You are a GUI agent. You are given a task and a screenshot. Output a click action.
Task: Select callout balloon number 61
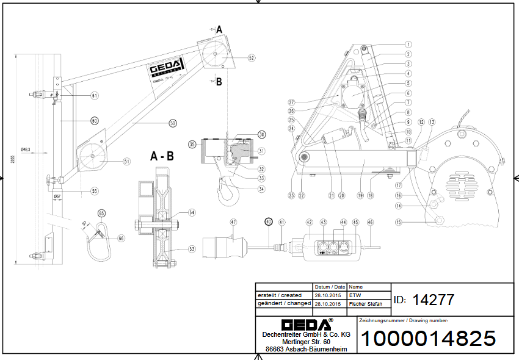tap(95, 95)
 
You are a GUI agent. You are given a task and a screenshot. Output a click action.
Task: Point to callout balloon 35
tap(192, 145)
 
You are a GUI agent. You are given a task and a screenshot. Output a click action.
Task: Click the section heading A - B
tap(162, 156)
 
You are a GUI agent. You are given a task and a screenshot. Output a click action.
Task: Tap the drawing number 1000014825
tap(429, 338)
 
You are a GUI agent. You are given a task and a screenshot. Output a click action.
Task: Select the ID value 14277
tap(434, 300)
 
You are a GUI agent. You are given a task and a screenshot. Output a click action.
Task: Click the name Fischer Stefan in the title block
tap(366, 303)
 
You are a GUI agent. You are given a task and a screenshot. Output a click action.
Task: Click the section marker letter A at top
tap(219, 28)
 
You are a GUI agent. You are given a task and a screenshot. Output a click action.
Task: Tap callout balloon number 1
tap(408, 45)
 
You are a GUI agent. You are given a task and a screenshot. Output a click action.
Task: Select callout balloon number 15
tap(398, 223)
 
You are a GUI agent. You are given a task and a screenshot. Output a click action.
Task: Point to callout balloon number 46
tap(370, 223)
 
